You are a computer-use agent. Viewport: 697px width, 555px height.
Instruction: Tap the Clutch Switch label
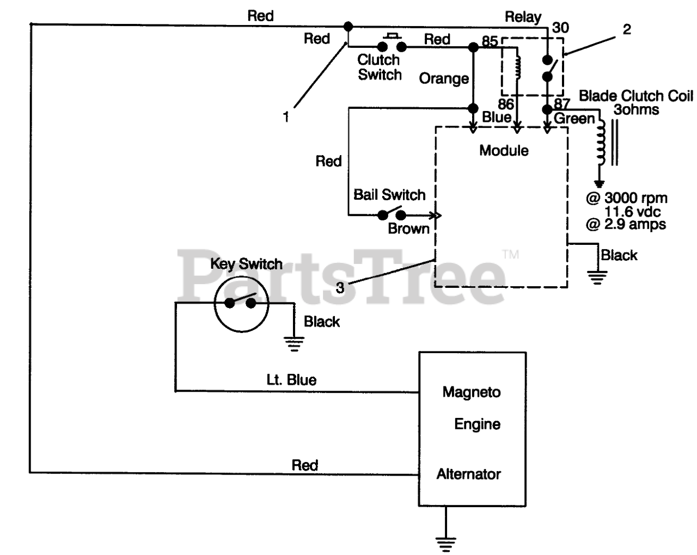(380, 67)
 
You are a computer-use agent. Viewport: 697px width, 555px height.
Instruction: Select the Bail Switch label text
(389, 195)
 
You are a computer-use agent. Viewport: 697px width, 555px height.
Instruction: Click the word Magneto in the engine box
(471, 392)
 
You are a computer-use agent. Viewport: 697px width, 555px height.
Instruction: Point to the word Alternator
(468, 474)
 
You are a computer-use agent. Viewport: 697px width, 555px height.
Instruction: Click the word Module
(504, 151)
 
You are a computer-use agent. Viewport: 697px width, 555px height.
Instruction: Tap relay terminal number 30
(560, 28)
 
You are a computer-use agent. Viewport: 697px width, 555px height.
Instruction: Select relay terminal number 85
(490, 41)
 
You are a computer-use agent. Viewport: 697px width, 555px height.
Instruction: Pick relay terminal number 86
(505, 104)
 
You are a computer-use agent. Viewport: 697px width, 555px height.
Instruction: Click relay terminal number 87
(561, 103)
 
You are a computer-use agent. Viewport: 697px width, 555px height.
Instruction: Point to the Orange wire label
(444, 78)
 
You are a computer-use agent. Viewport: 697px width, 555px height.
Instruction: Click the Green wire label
(574, 119)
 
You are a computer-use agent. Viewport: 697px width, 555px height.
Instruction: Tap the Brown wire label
(408, 229)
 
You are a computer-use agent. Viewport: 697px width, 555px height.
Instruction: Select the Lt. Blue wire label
(291, 380)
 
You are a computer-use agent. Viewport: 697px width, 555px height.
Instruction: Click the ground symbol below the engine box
(445, 544)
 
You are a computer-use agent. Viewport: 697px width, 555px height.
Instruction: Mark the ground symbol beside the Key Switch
(294, 344)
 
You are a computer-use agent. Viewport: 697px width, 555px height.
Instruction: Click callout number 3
(340, 288)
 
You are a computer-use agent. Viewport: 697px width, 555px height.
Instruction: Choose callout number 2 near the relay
(627, 29)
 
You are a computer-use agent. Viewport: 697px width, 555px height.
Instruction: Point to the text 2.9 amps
(634, 224)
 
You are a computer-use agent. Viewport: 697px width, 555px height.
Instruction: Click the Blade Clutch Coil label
(636, 96)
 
